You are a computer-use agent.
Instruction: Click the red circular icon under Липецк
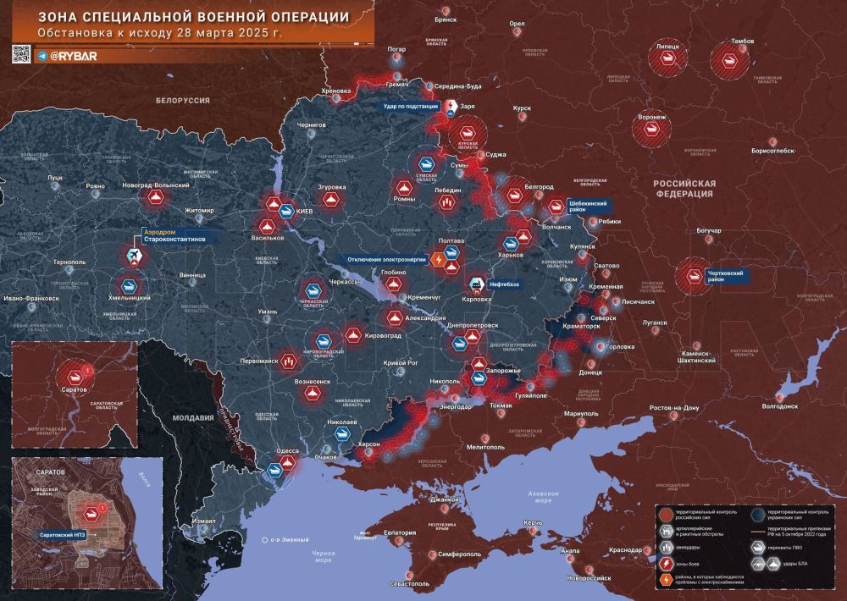tap(665, 59)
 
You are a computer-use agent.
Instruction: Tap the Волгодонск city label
tap(780, 405)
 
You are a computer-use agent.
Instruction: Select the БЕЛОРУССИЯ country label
tap(182, 100)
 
